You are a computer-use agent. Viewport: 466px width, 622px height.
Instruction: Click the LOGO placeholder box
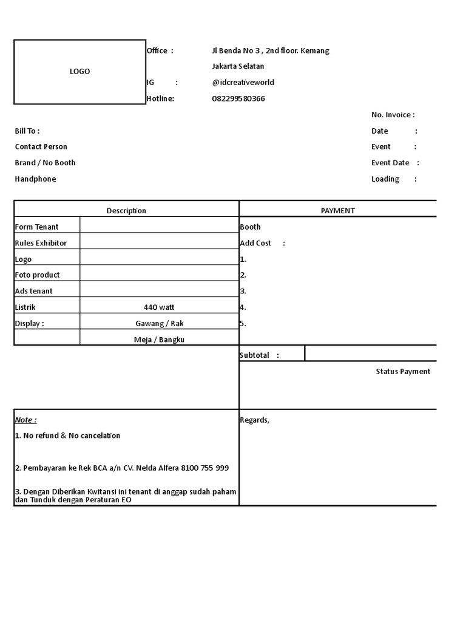click(x=79, y=72)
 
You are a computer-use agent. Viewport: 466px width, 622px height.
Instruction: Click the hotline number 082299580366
click(x=238, y=98)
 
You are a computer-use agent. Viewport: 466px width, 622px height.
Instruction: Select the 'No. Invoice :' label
click(x=393, y=115)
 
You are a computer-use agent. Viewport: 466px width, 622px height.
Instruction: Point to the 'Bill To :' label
click(x=27, y=131)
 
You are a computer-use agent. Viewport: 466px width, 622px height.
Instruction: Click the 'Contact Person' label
click(x=41, y=146)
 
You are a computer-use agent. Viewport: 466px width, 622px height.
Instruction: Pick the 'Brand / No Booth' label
click(x=46, y=163)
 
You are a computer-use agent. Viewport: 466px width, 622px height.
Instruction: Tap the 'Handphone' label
click(x=35, y=179)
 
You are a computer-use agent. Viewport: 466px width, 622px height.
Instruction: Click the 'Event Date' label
click(x=390, y=163)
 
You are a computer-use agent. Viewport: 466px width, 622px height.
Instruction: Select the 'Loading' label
click(x=385, y=179)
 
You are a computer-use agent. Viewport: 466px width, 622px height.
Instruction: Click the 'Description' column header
click(x=126, y=211)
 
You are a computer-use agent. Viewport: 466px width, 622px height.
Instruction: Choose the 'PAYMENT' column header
click(x=338, y=211)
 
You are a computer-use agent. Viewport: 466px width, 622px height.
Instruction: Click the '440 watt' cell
click(x=159, y=307)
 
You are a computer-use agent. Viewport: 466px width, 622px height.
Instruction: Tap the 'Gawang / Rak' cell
click(x=160, y=323)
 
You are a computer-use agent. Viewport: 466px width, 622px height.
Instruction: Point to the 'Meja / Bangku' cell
click(x=159, y=340)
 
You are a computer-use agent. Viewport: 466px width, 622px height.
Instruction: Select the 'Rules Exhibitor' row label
click(x=41, y=243)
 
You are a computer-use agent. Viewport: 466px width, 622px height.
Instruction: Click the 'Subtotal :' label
click(x=260, y=355)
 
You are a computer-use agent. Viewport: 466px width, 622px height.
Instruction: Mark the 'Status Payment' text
click(x=403, y=371)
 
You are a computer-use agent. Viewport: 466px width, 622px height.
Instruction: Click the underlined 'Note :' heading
click(x=25, y=420)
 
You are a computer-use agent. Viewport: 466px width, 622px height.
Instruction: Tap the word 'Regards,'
click(x=254, y=420)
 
